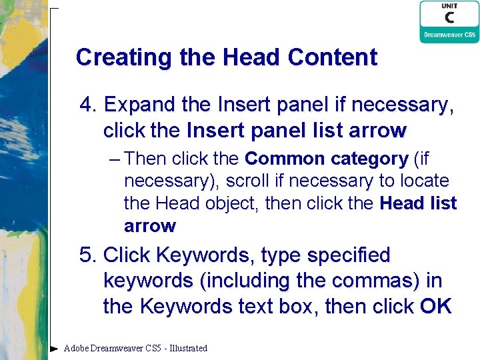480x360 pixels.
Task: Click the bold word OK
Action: click(x=436, y=307)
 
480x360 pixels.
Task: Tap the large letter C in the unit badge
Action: click(x=449, y=17)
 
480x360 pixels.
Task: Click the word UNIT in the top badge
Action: click(x=449, y=6)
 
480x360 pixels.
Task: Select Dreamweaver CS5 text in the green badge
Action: click(x=449, y=35)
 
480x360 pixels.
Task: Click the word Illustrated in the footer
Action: click(x=189, y=348)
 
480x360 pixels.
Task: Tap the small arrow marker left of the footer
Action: click(x=54, y=348)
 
